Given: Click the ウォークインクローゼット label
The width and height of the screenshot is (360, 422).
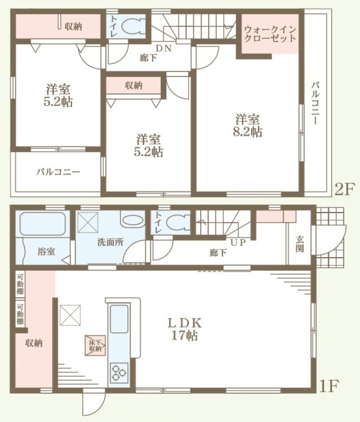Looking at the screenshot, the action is click(x=270, y=33).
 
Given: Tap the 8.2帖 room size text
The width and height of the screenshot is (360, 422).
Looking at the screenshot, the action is click(x=248, y=132).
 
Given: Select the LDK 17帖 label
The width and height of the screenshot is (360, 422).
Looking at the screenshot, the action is click(x=185, y=329).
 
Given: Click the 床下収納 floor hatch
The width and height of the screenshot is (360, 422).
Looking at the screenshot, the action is click(x=95, y=346).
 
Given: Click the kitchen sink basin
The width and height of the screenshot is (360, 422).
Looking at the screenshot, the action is click(x=119, y=319).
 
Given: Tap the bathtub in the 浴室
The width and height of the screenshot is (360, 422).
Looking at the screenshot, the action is click(x=42, y=223).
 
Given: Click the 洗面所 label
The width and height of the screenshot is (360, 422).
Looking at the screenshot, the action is click(x=110, y=242).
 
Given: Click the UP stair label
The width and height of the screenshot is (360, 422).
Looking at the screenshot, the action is click(x=238, y=242).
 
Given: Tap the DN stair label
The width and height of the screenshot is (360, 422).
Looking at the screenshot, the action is click(x=163, y=48).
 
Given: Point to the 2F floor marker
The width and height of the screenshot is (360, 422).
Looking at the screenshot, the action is click(x=345, y=189).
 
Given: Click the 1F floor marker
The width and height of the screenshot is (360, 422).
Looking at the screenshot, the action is click(x=329, y=386).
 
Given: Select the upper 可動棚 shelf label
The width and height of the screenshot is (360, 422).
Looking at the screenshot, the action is click(x=20, y=284).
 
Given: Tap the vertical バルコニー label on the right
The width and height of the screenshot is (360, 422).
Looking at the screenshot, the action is click(x=315, y=104).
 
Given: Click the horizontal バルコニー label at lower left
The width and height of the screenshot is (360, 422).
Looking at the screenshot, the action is click(x=58, y=171).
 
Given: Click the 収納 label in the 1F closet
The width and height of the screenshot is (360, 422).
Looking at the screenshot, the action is click(x=34, y=343).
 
